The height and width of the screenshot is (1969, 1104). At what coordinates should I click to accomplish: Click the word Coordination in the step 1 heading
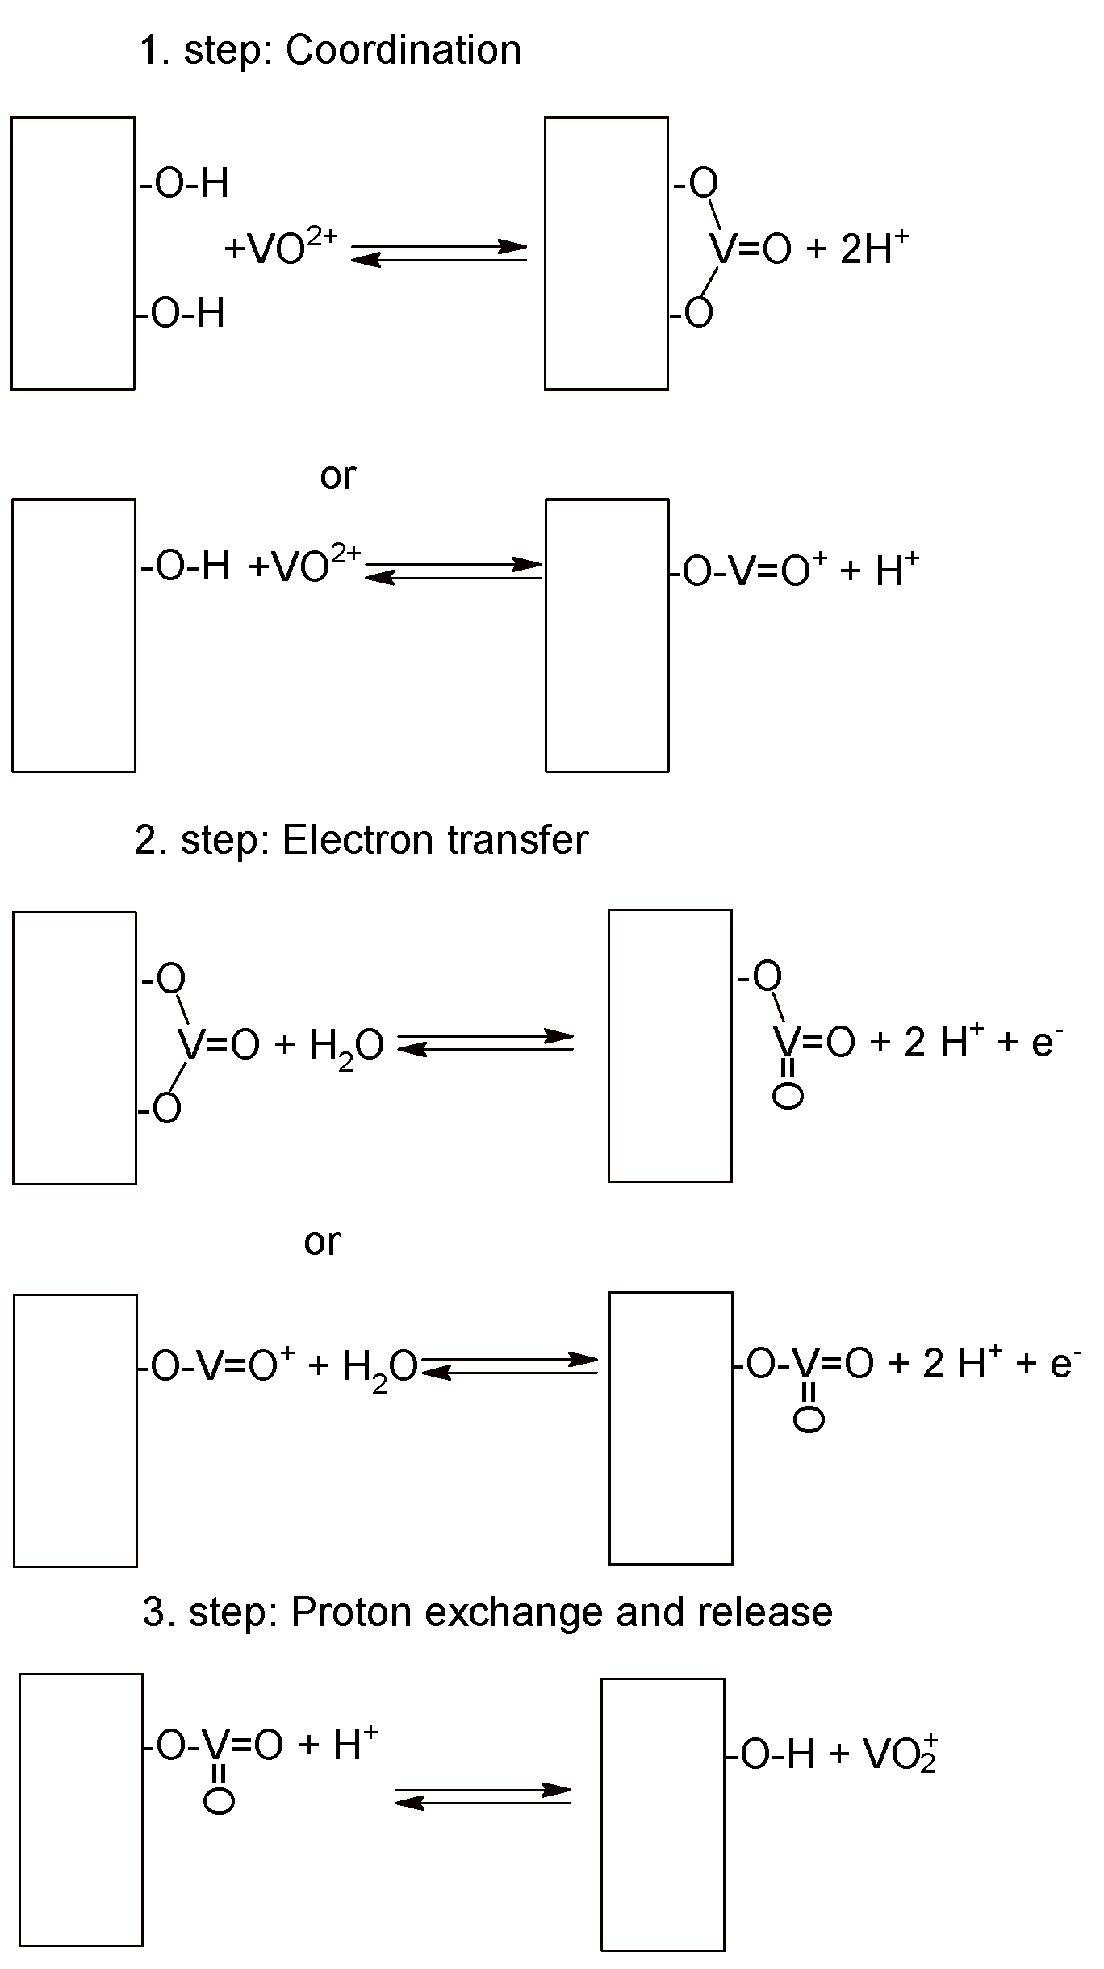click(403, 50)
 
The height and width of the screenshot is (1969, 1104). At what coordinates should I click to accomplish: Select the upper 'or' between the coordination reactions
click(337, 476)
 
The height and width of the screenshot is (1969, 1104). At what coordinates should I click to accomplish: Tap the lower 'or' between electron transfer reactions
click(322, 1241)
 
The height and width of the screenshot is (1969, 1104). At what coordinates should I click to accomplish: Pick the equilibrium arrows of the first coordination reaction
click(439, 253)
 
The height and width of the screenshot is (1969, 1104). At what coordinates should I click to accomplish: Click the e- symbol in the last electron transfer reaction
click(1064, 1362)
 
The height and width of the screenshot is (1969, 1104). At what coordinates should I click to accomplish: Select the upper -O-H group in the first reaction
click(185, 183)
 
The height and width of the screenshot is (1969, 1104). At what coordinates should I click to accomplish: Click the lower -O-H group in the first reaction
click(181, 312)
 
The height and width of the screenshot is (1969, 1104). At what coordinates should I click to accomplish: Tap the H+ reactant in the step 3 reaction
click(354, 1745)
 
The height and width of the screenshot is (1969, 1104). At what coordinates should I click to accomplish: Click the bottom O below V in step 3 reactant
click(219, 1801)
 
